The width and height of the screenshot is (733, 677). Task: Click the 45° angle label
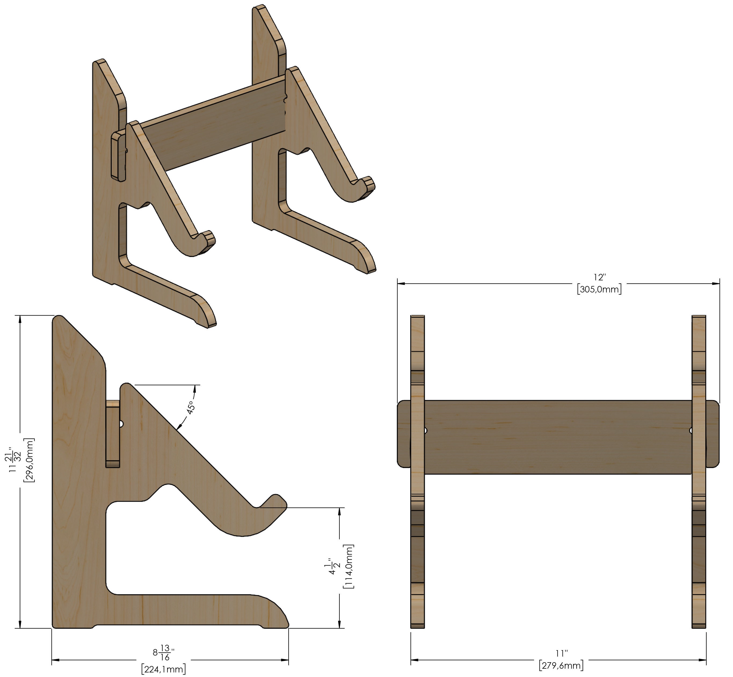[x=190, y=407]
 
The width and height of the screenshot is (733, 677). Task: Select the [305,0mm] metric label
[x=599, y=289]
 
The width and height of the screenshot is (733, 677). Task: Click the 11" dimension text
[x=561, y=653]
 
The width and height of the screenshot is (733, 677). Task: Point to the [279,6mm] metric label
[x=561, y=665]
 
